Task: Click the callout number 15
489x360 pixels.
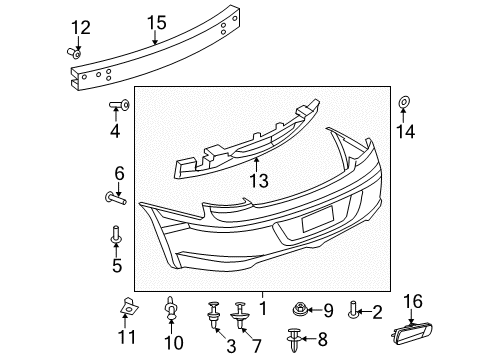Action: click(156, 23)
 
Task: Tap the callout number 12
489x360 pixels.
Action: click(80, 27)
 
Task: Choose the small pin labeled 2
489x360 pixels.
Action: click(353, 310)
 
